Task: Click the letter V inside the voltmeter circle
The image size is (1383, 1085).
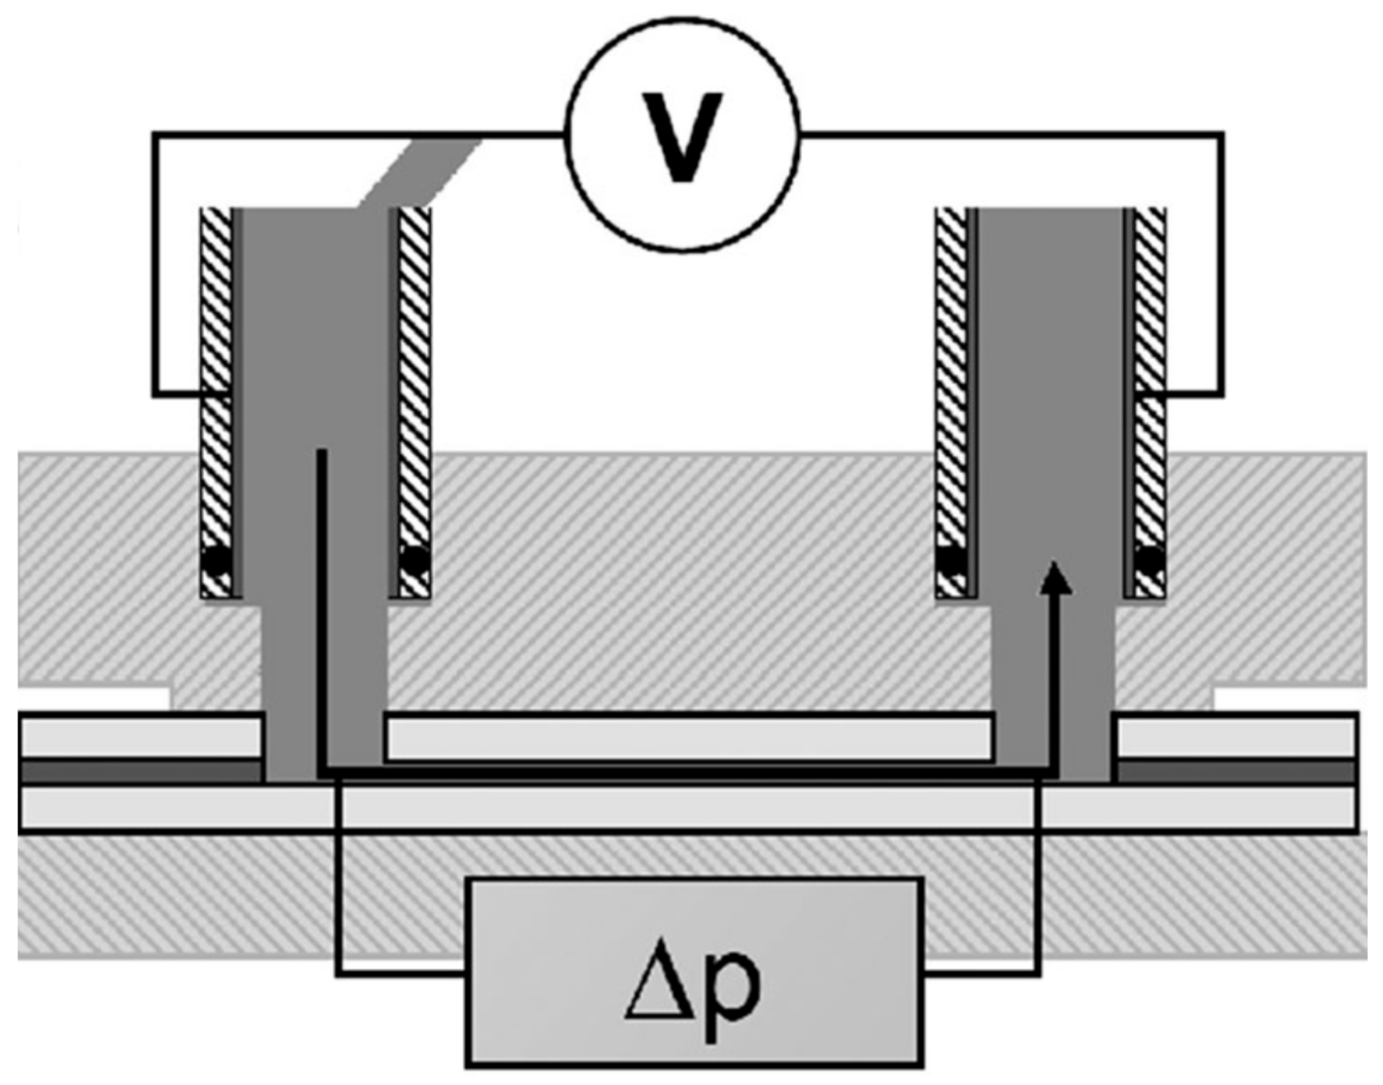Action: pos(682,137)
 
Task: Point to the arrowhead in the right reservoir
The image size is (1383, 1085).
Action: pos(1054,578)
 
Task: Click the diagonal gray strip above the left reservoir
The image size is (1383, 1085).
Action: pos(419,172)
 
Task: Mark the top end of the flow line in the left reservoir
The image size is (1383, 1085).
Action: pos(322,452)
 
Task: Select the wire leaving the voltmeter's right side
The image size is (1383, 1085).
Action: pos(1009,134)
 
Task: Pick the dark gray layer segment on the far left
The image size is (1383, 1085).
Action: pos(140,772)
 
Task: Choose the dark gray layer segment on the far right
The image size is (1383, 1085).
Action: pos(1235,772)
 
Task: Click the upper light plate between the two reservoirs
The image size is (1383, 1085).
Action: pos(689,737)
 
